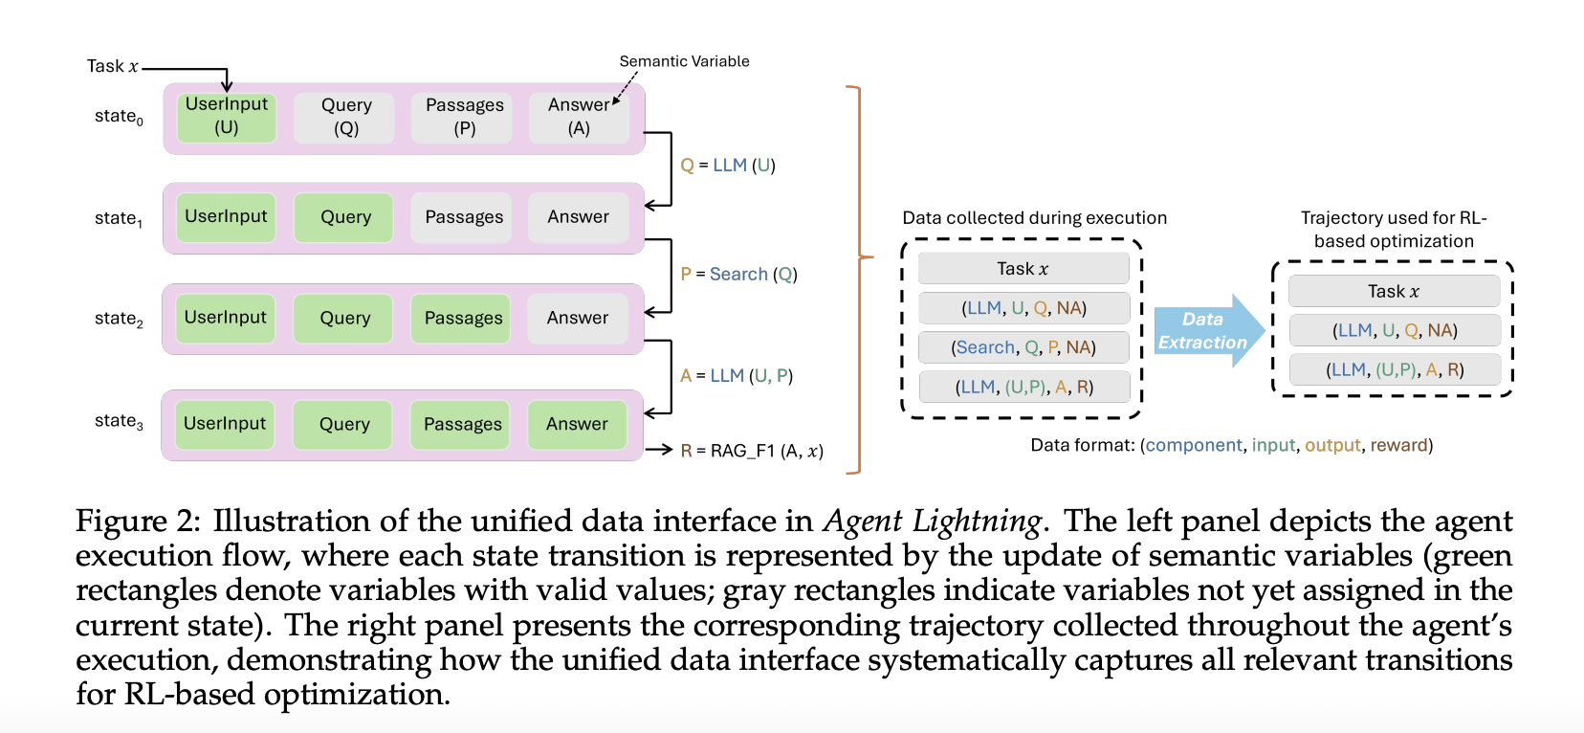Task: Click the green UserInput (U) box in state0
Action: click(227, 117)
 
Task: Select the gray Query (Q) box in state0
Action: click(345, 117)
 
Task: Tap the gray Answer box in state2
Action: click(578, 318)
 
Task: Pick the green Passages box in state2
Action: click(463, 318)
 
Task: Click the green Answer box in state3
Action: click(577, 424)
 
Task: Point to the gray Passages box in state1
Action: click(464, 217)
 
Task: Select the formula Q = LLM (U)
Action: click(728, 166)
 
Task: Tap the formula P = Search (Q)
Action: click(738, 275)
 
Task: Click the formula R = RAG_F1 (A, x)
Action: click(752, 451)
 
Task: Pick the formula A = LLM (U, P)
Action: click(737, 376)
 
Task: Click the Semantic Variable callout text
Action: click(684, 61)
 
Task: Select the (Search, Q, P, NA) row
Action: click(1023, 347)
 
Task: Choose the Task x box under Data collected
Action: click(1023, 269)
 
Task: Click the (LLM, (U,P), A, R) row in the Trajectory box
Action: click(1394, 370)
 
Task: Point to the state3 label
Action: click(119, 421)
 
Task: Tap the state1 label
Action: click(119, 218)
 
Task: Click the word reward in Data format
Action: click(1398, 445)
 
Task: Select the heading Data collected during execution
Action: click(1034, 218)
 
